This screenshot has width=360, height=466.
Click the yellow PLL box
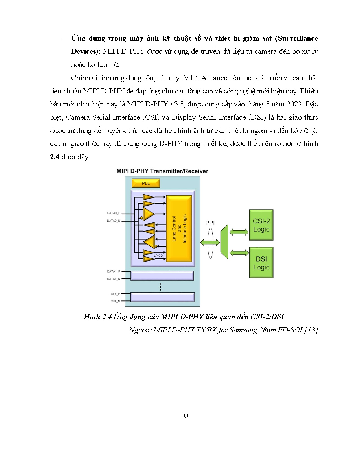tap(146, 183)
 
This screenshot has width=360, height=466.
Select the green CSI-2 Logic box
tap(261, 225)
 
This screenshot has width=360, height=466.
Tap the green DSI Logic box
tap(261, 263)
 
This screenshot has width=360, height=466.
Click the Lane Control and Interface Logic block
tap(179, 229)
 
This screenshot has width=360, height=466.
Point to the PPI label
tap(210, 223)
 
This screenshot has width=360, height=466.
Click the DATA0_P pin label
tap(114, 213)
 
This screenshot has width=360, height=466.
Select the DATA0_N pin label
tap(114, 221)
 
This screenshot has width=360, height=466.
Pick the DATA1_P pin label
tap(114, 271)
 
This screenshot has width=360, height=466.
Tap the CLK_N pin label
tap(115, 301)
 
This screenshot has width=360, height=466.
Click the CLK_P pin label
tap(115, 294)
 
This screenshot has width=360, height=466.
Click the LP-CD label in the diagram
tap(158, 256)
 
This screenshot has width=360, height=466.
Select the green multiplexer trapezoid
tap(224, 242)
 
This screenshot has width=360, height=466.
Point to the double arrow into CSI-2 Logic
tap(239, 232)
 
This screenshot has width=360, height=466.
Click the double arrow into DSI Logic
tap(239, 253)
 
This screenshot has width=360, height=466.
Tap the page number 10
tap(184, 415)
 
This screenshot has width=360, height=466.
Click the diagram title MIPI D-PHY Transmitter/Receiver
tap(162, 171)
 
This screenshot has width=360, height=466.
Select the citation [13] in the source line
tap(311, 330)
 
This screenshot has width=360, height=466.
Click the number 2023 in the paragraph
tap(294, 104)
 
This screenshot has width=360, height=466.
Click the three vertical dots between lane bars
tap(160, 287)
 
